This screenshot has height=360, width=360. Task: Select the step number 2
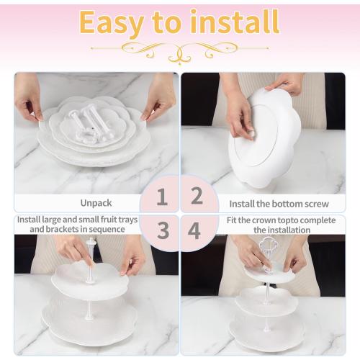[196, 197]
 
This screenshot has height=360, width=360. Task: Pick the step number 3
[163, 230]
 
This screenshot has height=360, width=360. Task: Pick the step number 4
[196, 230]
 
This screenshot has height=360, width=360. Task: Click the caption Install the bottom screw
[269, 204]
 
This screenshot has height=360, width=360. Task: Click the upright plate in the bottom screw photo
[263, 137]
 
